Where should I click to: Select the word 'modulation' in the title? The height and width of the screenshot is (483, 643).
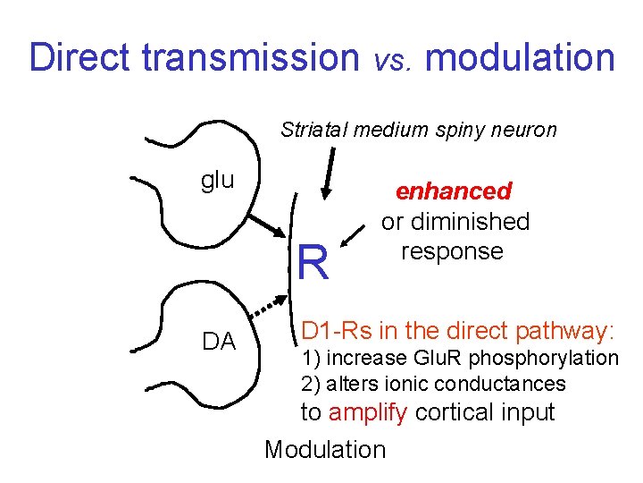(x=521, y=58)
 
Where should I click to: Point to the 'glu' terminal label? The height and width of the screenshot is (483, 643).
(x=217, y=180)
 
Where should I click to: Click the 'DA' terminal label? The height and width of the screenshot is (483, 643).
(x=219, y=341)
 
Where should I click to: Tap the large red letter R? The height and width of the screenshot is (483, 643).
(x=313, y=263)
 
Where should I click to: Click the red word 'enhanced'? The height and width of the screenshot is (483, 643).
(x=454, y=191)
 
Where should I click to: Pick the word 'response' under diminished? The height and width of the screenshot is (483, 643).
(x=452, y=250)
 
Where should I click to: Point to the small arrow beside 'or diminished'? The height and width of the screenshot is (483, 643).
(x=371, y=239)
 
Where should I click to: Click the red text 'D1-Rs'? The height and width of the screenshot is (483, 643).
(x=337, y=331)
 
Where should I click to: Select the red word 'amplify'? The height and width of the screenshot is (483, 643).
(x=367, y=412)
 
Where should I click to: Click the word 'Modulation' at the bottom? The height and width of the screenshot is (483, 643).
(x=325, y=449)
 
